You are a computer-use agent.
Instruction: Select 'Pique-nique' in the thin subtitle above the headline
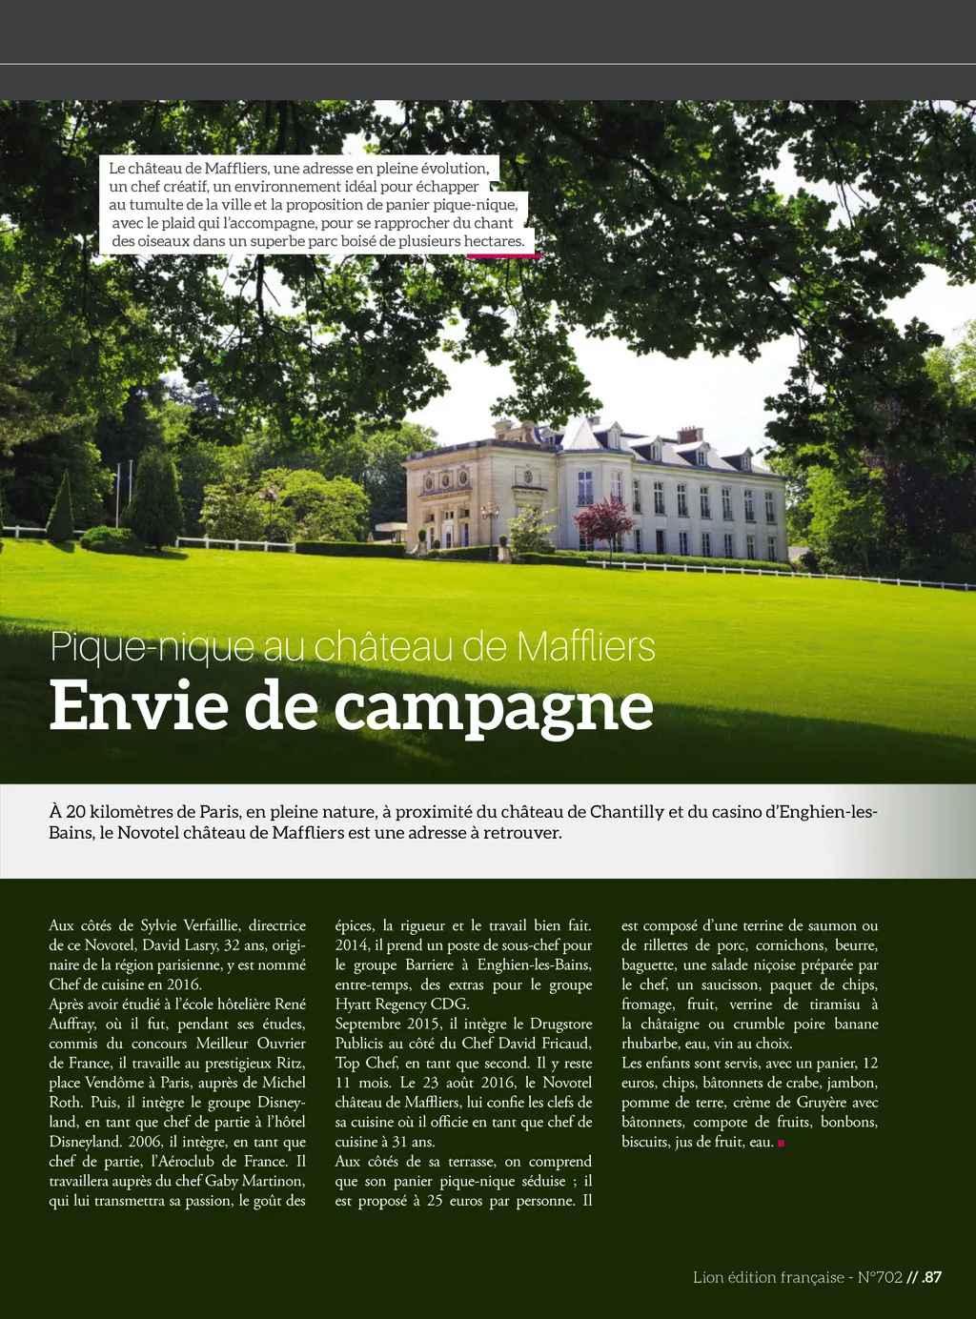[152, 647]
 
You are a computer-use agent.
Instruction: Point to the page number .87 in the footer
[931, 1277]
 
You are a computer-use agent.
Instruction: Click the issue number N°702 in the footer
[879, 1277]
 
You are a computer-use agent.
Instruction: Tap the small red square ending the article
[782, 1143]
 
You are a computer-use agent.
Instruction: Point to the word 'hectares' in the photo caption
[494, 241]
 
